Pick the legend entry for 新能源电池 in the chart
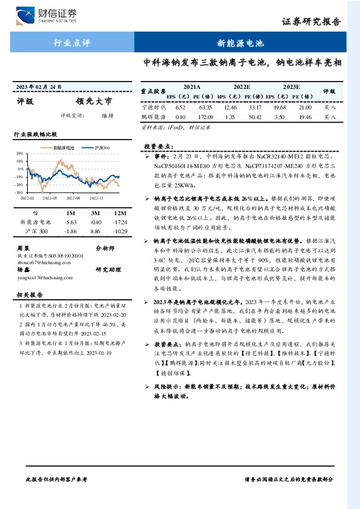click(x=60, y=147)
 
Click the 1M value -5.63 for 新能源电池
click(x=70, y=222)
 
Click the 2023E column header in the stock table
click(x=292, y=87)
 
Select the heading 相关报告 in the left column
click(x=28, y=294)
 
